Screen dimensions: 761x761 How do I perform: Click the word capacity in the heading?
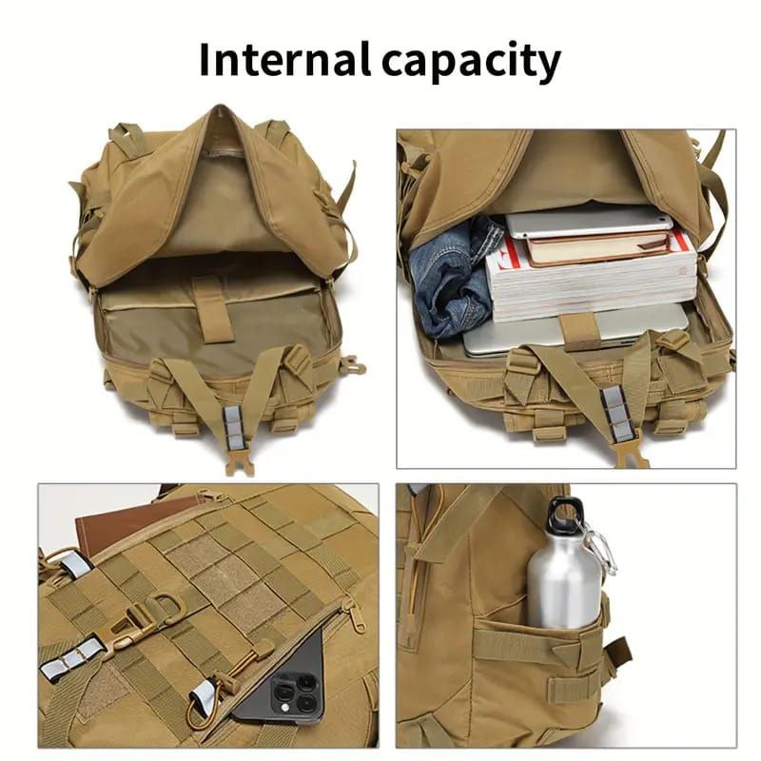pyautogui.click(x=471, y=63)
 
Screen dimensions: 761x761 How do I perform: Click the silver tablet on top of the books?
pyautogui.click(x=589, y=224)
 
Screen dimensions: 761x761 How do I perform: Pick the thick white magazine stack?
pyautogui.click(x=591, y=282)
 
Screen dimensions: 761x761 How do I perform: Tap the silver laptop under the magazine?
pyautogui.click(x=576, y=330)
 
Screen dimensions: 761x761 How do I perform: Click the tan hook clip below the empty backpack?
pyautogui.click(x=240, y=461)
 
